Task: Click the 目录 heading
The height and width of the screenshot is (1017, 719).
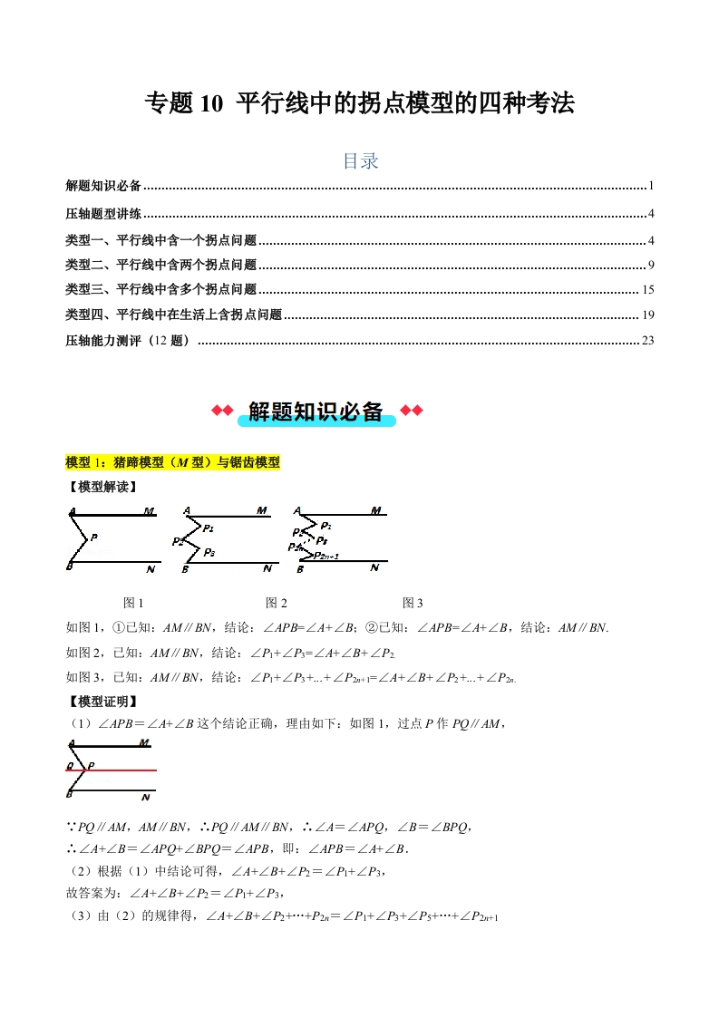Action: click(x=360, y=161)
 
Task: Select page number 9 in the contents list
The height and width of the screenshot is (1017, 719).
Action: click(x=651, y=265)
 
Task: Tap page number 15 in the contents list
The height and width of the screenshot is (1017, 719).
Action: click(x=647, y=290)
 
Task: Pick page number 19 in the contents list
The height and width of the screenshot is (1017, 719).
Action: click(x=647, y=315)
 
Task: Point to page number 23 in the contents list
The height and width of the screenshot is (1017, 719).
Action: click(x=647, y=341)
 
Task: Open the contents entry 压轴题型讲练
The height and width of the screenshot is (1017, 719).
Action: click(x=103, y=214)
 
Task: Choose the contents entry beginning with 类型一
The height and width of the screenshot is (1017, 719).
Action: click(x=161, y=239)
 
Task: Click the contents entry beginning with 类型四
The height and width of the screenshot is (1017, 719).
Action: click(x=174, y=315)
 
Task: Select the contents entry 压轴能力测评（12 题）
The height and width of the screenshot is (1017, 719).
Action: click(x=129, y=341)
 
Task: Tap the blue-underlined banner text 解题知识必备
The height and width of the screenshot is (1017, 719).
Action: click(x=316, y=412)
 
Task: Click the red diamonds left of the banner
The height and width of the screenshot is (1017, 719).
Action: click(x=222, y=412)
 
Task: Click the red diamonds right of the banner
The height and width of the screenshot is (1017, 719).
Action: click(x=411, y=412)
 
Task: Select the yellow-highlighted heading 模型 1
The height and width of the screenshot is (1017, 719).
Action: click(x=173, y=462)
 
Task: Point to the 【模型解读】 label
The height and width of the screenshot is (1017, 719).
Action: click(x=102, y=487)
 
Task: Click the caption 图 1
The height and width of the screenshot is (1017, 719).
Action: click(x=133, y=603)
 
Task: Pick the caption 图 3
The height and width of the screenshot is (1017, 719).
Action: click(x=413, y=603)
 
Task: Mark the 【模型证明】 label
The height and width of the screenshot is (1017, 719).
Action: click(x=102, y=701)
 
